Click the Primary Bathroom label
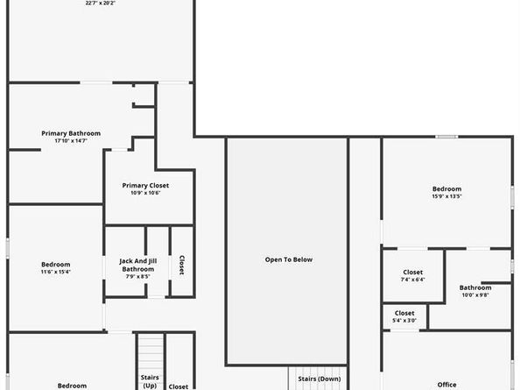71,133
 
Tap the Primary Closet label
145,185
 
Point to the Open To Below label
289,259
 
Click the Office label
446,385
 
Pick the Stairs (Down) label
319,379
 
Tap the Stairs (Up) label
151,381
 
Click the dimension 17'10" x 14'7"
71,141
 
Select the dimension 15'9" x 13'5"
446,196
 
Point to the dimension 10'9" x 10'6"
145,193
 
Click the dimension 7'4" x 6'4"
412,280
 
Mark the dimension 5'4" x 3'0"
404,320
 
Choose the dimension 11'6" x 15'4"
55,272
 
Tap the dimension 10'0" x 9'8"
475,294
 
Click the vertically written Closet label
181,266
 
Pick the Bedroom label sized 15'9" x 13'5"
446,188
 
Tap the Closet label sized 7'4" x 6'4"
412,272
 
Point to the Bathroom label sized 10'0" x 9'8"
475,287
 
